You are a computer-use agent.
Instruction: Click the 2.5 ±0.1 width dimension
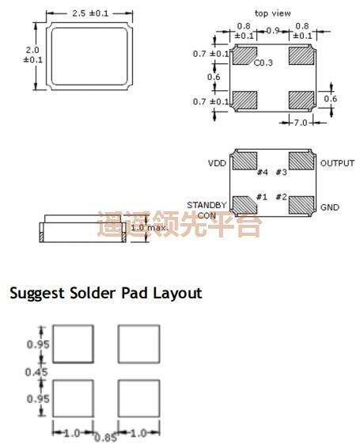point(90,13)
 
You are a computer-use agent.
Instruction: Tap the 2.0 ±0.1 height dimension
point(33,55)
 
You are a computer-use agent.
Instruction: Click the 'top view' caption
point(272,13)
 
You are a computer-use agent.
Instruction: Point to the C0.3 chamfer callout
point(263,63)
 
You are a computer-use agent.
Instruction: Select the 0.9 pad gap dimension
point(272,30)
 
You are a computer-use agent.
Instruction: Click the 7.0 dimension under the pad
point(301,123)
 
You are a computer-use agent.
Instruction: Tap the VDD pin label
point(217,163)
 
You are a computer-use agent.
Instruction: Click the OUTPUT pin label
point(337,163)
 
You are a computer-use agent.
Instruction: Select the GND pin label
point(330,207)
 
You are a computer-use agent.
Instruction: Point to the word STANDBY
point(207,205)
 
